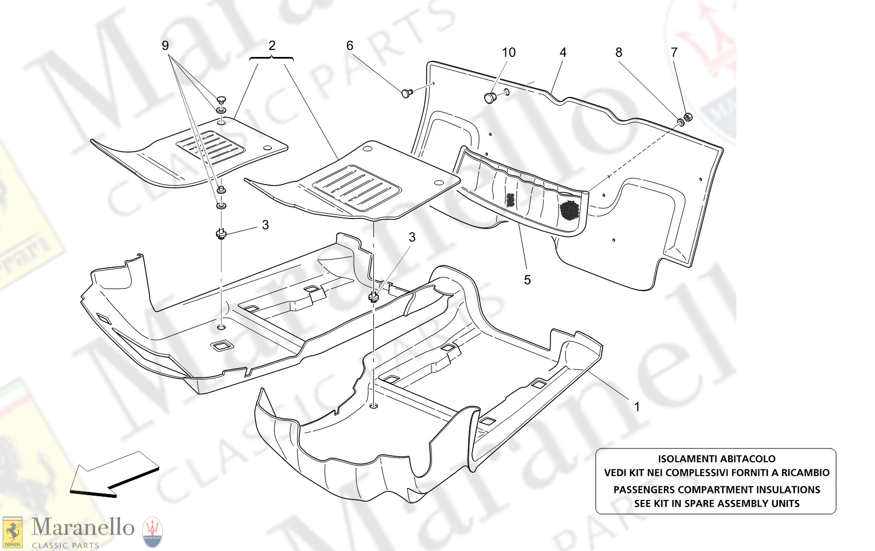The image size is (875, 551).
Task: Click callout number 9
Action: point(165,45)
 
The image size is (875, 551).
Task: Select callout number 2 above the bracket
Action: point(272,45)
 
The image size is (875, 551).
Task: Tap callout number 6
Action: point(350,45)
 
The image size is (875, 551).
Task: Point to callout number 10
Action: point(509,53)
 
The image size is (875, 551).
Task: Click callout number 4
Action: point(563,53)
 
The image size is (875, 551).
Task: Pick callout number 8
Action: point(619,53)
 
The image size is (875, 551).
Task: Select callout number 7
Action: point(674,53)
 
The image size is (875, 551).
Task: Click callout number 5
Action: point(527,280)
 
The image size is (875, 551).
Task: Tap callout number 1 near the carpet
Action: point(637,406)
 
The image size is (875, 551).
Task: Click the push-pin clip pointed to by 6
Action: point(407,93)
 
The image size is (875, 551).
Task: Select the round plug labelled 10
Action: point(490,98)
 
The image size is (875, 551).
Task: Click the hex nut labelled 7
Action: point(689,117)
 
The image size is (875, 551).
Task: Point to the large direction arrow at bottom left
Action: point(112,474)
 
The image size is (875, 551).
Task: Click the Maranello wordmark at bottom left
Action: point(83,527)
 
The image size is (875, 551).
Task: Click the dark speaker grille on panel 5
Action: point(570,209)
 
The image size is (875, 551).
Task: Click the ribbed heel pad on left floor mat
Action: point(210,147)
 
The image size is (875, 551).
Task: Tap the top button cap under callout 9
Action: point(221,99)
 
